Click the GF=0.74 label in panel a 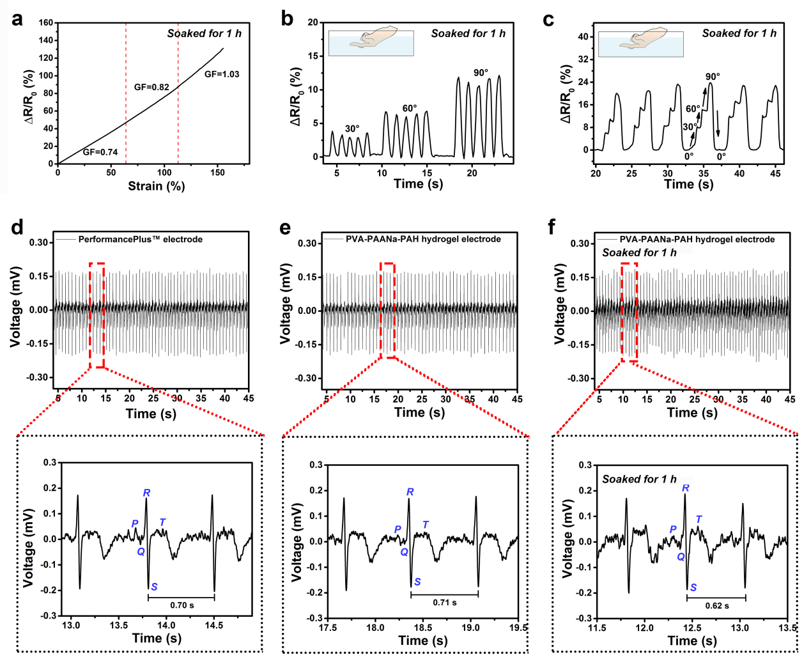pos(100,152)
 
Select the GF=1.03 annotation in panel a pos(222,74)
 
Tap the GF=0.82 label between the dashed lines pos(151,87)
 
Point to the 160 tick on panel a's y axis pos(46,23)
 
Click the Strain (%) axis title pos(156,186)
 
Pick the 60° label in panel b pos(410,109)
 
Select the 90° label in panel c pos(713,77)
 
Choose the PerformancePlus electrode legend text pos(140,240)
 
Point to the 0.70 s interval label pos(182,605)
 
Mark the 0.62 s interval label pos(717,606)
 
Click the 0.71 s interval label pos(445,603)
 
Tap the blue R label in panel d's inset pos(147,493)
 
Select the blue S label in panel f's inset pos(693,587)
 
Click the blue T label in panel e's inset pos(426,525)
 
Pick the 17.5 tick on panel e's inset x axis pos(328,628)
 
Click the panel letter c pos(548,20)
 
